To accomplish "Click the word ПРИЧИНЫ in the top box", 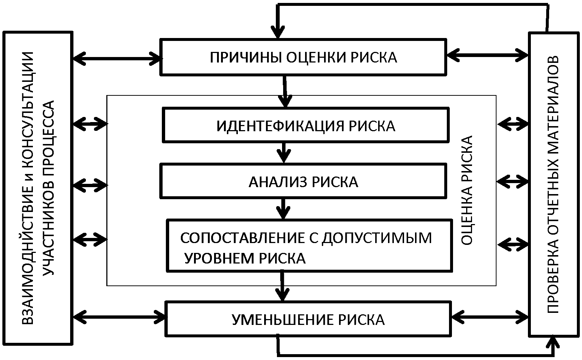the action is [x=246, y=57].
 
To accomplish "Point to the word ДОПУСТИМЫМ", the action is [x=376, y=238].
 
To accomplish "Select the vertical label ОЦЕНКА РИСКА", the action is [x=467, y=190].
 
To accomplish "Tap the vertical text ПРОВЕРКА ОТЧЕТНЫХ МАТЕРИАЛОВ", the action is [x=553, y=184].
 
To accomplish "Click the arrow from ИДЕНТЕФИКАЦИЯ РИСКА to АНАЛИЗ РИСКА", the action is [x=284, y=152].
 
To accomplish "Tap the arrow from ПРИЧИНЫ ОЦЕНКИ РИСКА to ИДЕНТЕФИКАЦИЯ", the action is [x=285, y=91].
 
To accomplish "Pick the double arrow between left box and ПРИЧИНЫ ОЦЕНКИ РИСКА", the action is [x=117, y=58].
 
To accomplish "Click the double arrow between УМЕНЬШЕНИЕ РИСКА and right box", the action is [x=490, y=317].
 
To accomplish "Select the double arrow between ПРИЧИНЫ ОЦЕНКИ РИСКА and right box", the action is [x=487, y=55].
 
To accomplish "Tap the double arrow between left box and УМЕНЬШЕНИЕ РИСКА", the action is [x=119, y=317].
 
